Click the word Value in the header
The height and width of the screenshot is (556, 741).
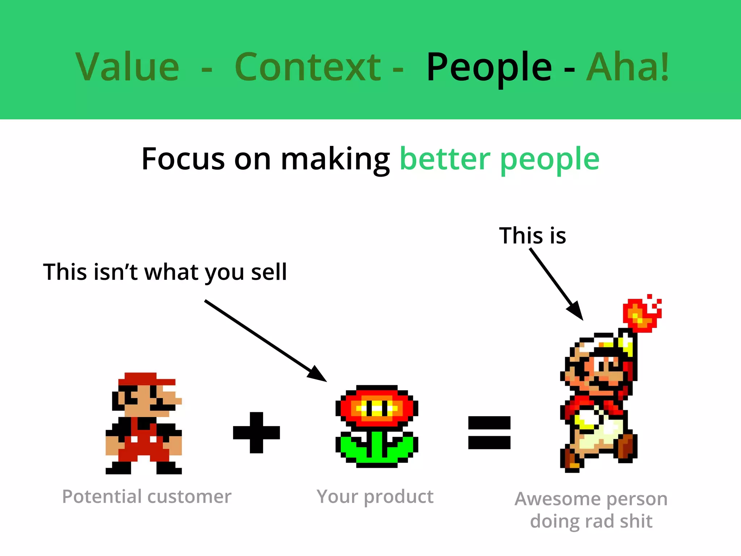tap(127, 67)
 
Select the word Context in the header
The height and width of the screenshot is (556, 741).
tap(308, 67)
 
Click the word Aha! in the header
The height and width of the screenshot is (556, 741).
tap(628, 67)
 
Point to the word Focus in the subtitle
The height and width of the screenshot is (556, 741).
tap(183, 159)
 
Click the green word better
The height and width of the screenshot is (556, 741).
tap(445, 159)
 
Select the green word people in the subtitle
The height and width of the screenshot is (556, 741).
tap(550, 161)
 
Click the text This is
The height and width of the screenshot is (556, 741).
tap(532, 236)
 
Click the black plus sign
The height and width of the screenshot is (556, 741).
tap(257, 433)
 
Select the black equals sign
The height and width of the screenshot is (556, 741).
tap(489, 433)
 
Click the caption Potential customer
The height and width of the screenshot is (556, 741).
tap(147, 497)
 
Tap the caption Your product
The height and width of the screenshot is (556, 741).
tap(375, 497)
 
